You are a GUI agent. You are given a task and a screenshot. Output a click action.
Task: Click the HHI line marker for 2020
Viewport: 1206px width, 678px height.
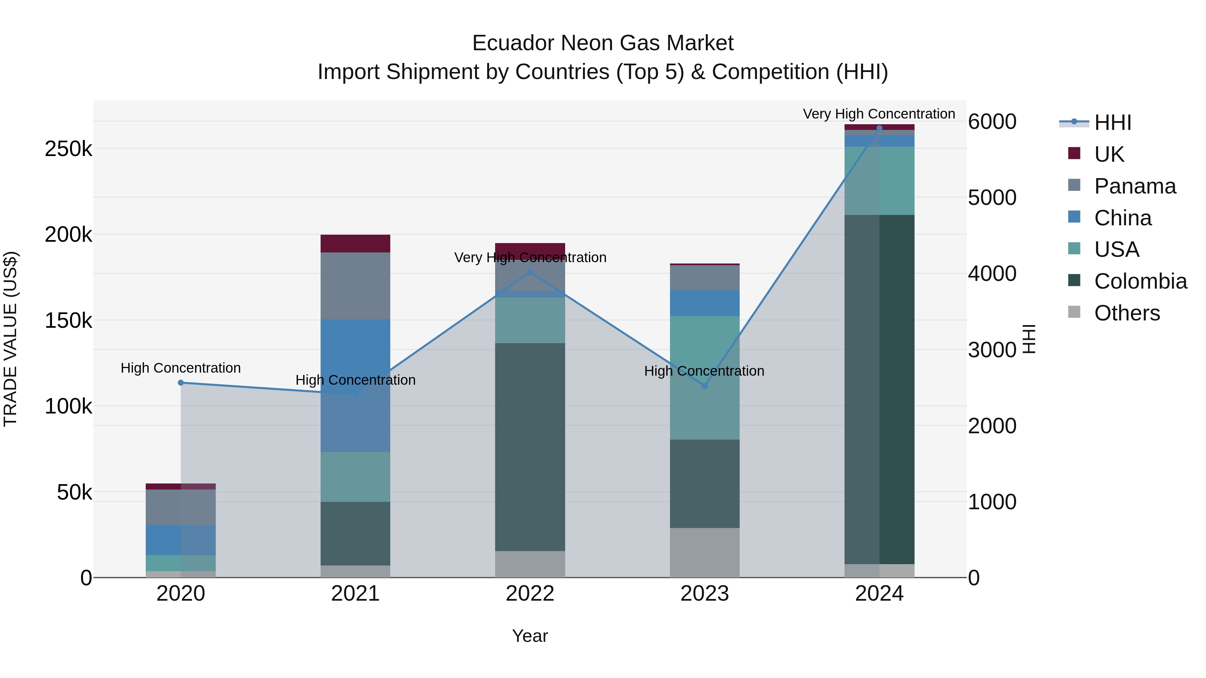181,383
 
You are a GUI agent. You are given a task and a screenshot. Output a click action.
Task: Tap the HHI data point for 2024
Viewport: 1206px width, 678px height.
879,128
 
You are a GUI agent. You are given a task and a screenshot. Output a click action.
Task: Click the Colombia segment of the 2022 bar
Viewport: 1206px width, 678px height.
530,447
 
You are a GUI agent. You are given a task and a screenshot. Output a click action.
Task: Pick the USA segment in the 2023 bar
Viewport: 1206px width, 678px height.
705,378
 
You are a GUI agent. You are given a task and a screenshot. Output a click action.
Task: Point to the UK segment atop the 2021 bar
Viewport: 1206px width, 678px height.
355,243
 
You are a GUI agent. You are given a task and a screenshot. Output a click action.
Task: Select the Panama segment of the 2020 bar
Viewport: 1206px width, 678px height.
181,507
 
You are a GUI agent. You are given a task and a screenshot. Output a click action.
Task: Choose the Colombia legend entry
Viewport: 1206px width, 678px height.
1140,281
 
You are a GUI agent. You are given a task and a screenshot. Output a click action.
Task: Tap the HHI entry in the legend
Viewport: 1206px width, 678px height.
1112,123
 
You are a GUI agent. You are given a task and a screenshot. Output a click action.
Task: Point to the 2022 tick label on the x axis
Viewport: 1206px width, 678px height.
530,594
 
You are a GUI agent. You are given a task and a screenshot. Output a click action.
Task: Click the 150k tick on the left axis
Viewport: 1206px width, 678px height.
68,321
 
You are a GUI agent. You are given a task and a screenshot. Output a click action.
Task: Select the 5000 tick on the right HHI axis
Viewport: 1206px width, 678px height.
992,198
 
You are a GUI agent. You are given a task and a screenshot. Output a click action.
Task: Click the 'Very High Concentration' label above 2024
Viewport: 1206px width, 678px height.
879,114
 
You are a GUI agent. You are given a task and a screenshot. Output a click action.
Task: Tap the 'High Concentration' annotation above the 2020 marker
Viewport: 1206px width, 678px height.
181,368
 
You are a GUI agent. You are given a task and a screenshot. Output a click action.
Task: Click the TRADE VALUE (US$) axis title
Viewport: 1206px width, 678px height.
10,339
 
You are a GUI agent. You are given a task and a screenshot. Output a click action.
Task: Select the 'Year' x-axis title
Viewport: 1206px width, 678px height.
530,636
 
